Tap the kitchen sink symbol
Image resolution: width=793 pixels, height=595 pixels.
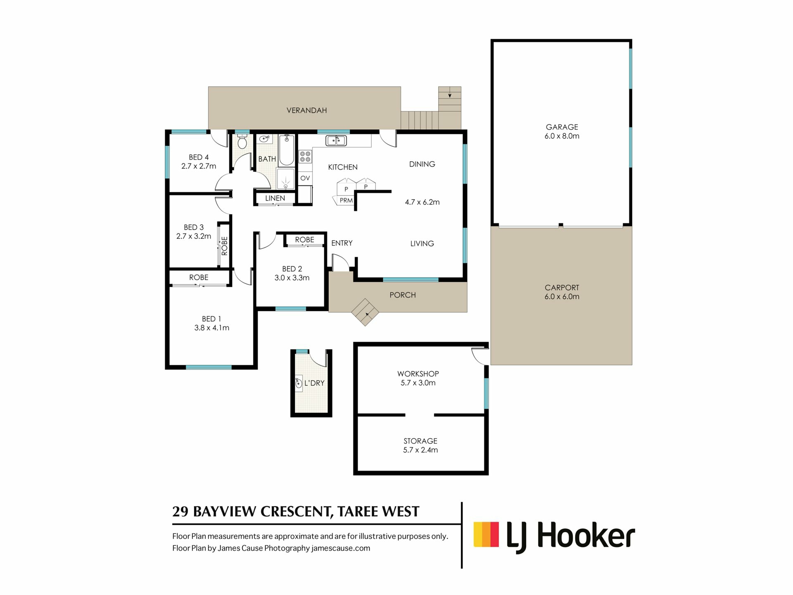[336, 140]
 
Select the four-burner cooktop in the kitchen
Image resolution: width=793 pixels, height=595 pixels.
[305, 157]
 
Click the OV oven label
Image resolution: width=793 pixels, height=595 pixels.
[305, 178]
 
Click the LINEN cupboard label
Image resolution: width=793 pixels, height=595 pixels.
[275, 198]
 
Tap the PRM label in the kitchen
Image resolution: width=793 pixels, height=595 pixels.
[346, 200]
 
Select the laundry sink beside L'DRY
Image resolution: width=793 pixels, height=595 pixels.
[299, 383]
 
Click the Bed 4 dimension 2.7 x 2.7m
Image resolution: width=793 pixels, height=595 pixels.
[199, 166]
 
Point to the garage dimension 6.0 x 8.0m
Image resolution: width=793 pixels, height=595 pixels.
[562, 136]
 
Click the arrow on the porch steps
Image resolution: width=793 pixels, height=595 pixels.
[367, 314]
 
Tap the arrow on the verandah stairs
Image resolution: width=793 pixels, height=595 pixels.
[450, 95]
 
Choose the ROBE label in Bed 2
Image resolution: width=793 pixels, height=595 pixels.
[305, 240]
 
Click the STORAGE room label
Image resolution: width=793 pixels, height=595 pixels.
[420, 441]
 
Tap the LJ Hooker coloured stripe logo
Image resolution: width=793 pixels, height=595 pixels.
[486, 534]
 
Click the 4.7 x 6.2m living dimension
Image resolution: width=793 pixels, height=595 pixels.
[422, 202]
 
